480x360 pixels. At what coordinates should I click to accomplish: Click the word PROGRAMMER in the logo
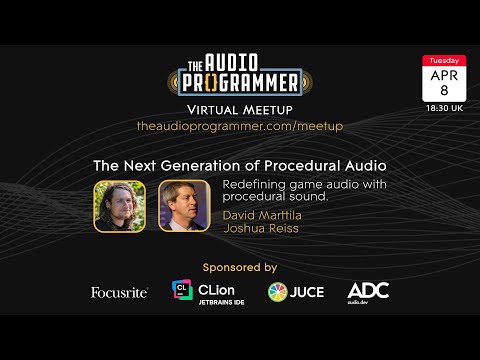click(239, 81)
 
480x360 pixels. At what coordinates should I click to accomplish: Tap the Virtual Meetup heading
click(239, 108)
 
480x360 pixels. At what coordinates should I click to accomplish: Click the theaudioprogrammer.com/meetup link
click(240, 126)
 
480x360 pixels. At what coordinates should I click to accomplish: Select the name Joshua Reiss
click(254, 227)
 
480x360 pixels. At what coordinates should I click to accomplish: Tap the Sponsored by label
click(239, 267)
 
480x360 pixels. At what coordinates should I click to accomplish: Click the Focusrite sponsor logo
click(119, 292)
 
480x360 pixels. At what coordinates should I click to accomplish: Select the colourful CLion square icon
click(182, 291)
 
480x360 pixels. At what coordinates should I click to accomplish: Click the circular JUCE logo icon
click(278, 292)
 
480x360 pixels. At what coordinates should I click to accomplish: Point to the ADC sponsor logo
click(368, 291)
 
